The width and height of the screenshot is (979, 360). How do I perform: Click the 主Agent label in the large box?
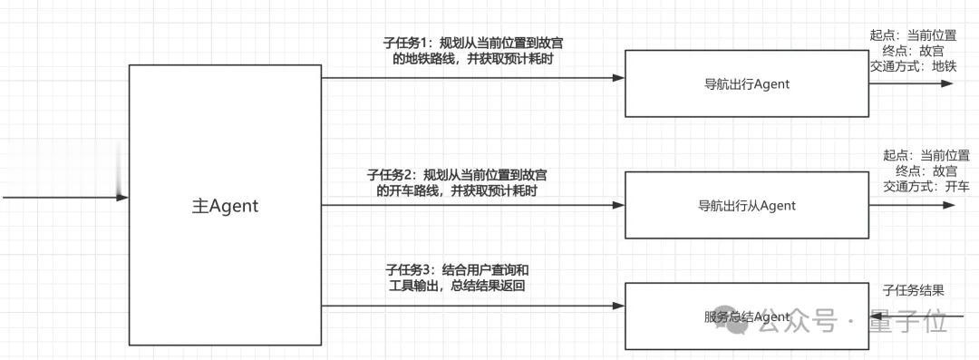[225, 206]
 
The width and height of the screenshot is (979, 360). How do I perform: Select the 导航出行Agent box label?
[746, 84]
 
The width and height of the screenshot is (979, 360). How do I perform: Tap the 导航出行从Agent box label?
[746, 206]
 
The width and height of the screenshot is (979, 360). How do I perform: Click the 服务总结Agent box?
[746, 316]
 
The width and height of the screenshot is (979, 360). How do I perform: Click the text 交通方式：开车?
[926, 187]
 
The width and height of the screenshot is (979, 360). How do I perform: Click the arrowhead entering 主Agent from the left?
[122, 197]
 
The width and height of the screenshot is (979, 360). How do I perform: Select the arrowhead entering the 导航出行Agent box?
[618, 78]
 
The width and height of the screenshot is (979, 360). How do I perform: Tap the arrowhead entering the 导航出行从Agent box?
[618, 205]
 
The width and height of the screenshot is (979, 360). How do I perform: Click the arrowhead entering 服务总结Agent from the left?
[618, 306]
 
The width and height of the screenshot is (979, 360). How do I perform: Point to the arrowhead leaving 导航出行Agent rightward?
[947, 83]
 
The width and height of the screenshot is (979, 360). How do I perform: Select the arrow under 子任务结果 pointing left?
[875, 316]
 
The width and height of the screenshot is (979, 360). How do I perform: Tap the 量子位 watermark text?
[906, 321]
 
